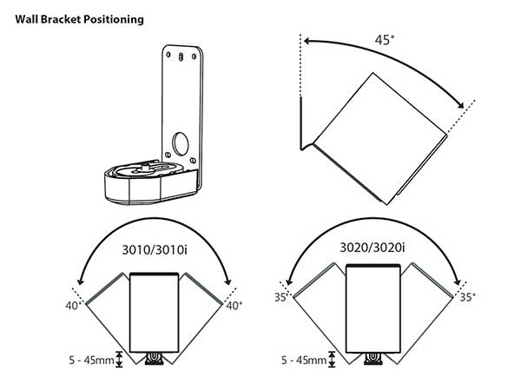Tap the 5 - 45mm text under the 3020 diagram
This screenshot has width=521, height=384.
(305, 357)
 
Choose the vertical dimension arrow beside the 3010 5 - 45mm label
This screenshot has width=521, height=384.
(118, 358)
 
